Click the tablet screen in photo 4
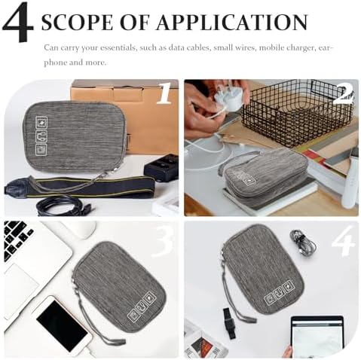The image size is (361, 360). click(317, 337)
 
